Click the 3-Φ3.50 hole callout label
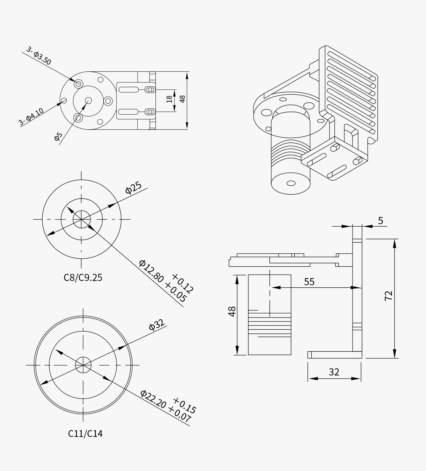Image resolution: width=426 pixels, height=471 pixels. [39, 55]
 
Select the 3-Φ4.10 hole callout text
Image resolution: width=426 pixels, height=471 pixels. [31, 117]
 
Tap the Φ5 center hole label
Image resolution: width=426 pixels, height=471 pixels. [58, 136]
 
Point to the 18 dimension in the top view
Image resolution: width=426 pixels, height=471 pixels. [170, 99]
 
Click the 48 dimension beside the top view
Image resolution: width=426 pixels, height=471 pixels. [182, 99]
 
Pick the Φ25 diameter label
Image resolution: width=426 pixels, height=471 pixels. [133, 188]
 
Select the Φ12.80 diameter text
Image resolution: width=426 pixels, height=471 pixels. [152, 271]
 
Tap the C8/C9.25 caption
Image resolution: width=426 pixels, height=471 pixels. [83, 277]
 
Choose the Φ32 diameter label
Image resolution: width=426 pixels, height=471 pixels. [157, 325]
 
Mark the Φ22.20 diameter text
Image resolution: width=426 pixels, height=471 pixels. [153, 399]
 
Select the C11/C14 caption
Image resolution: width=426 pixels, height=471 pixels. [85, 433]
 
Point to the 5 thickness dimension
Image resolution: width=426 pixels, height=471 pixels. [381, 221]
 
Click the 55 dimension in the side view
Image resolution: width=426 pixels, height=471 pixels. [309, 282]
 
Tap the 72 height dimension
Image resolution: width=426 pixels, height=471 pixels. [389, 296]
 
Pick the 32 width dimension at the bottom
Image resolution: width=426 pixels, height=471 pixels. [334, 372]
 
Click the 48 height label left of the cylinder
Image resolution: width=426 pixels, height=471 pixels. [232, 312]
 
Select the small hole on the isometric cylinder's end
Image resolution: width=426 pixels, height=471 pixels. [291, 183]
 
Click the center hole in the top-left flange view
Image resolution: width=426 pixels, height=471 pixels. [88, 101]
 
